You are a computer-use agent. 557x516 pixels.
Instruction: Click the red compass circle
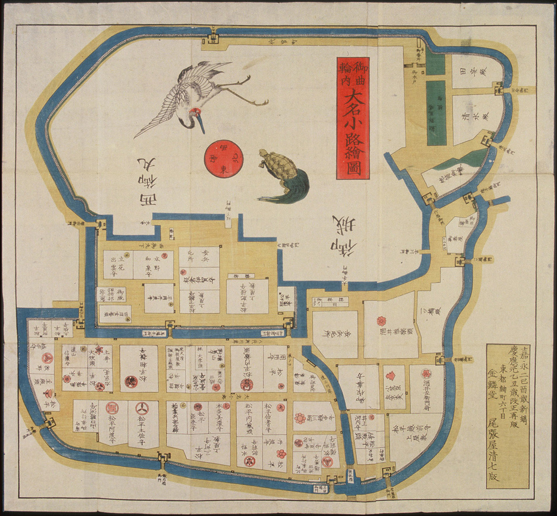[224, 159]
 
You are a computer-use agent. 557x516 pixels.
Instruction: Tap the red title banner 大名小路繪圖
[353, 118]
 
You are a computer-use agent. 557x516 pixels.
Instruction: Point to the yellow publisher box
[507, 415]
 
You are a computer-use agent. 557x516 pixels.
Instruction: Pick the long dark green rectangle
[436, 113]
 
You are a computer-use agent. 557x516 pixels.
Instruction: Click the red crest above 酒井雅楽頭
[382, 321]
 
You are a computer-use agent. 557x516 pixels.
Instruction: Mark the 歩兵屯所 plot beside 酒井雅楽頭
[335, 328]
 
